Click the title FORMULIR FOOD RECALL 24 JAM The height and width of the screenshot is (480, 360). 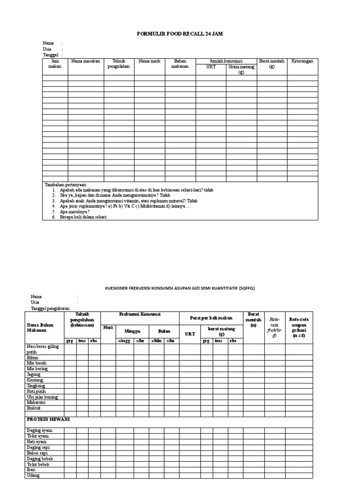click(180, 34)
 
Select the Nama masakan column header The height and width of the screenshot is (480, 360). click(86, 61)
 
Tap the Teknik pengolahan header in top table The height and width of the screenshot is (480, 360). click(119, 64)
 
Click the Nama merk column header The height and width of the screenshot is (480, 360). click(149, 61)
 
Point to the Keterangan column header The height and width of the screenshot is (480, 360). click(302, 61)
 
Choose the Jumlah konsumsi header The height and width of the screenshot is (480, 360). click(226, 61)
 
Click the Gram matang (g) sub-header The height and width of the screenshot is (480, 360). click(241, 69)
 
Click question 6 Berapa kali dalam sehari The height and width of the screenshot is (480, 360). click(80, 217)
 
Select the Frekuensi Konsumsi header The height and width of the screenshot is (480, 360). click(140, 314)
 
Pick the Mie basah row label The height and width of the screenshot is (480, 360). click(37, 363)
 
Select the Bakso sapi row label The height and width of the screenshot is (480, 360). click(37, 453)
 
